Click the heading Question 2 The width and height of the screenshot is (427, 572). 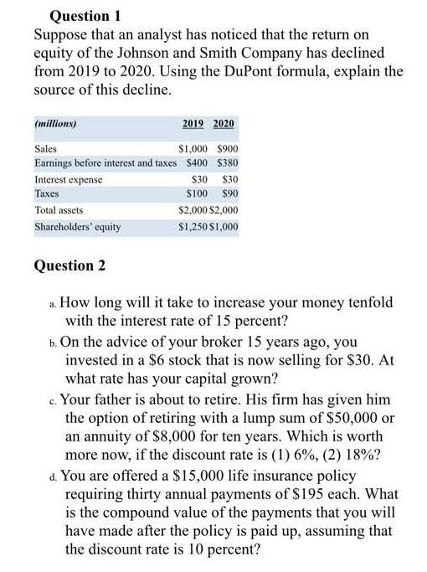[x=68, y=265]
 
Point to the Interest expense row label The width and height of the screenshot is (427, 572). [x=68, y=179]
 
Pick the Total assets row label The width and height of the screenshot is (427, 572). [x=59, y=210]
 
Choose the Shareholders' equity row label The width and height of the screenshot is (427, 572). [x=77, y=226]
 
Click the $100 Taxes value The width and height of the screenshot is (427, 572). [x=198, y=194]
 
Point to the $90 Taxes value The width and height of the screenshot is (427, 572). [x=228, y=194]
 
